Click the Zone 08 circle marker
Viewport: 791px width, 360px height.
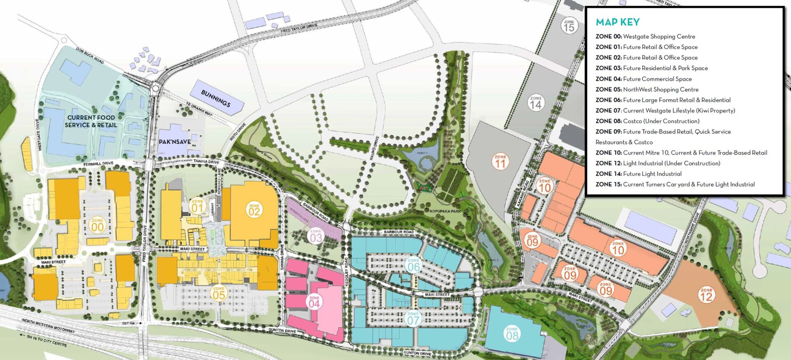pyautogui.click(x=512, y=334)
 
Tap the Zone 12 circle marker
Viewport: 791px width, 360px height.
pyautogui.click(x=706, y=295)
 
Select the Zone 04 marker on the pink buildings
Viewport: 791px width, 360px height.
pyautogui.click(x=314, y=302)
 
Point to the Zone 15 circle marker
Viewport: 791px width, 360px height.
pyautogui.click(x=569, y=26)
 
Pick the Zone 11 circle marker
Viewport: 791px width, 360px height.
pyautogui.click(x=500, y=162)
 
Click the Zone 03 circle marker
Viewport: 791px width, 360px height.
pyautogui.click(x=316, y=236)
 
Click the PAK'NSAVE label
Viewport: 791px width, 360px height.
pyautogui.click(x=175, y=142)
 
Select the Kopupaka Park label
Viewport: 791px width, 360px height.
pyautogui.click(x=445, y=211)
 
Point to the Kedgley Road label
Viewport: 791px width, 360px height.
pyautogui.click(x=346, y=272)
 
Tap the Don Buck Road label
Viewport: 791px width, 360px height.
pyautogui.click(x=90, y=55)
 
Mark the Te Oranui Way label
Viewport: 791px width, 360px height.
pyautogui.click(x=199, y=110)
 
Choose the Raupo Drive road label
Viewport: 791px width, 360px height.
pyautogui.click(x=373, y=148)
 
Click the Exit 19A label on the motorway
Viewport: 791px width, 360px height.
pyautogui.click(x=129, y=323)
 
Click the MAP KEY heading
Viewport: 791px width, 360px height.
pyautogui.click(x=618, y=22)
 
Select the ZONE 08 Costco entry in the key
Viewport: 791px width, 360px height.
pyautogui.click(x=647, y=121)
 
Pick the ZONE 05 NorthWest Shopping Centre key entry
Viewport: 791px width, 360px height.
pyautogui.click(x=647, y=89)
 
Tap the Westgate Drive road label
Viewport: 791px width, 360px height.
pyautogui.click(x=40, y=135)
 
